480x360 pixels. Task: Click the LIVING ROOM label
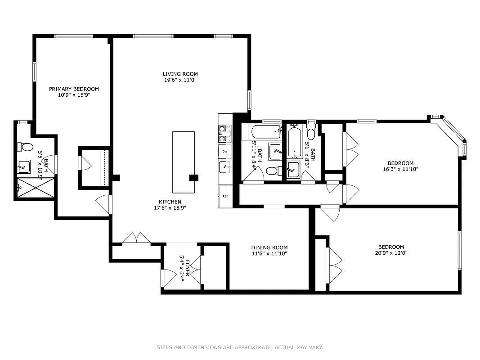180,74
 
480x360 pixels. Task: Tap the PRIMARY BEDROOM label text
74,89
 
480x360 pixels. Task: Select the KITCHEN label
170,202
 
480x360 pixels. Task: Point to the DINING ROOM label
269,247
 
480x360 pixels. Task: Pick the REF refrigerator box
225,196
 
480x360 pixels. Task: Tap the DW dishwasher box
225,152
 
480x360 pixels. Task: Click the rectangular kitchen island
184,162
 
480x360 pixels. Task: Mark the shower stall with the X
36,188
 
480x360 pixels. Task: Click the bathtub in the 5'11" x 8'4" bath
266,132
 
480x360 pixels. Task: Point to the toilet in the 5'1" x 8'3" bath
311,133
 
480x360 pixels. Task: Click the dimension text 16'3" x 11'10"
400,169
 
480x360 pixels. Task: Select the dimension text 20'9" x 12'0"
391,253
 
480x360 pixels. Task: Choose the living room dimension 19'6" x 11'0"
180,80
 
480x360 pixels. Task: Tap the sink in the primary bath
24,166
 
